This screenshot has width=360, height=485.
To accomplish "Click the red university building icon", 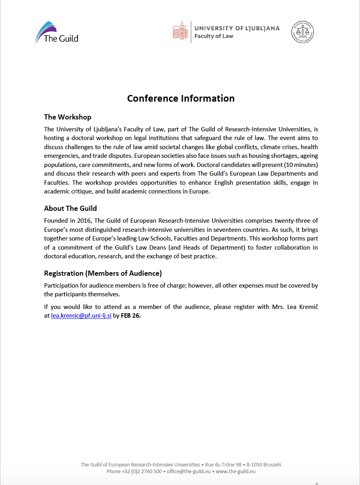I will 180,31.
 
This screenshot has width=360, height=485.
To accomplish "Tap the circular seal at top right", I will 303,32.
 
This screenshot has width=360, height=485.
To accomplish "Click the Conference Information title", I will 181,99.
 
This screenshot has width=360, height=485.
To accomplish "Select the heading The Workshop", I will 68,117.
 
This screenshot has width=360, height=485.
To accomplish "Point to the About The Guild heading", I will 70,208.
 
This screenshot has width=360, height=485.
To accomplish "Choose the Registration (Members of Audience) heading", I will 103,273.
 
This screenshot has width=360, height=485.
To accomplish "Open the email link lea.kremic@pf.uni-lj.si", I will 81,316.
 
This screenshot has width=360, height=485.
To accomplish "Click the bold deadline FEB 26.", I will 131,316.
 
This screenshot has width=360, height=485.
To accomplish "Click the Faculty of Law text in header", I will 214,36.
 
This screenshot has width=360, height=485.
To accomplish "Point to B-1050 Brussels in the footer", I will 264,464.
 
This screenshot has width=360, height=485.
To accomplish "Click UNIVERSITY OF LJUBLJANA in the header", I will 237,28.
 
